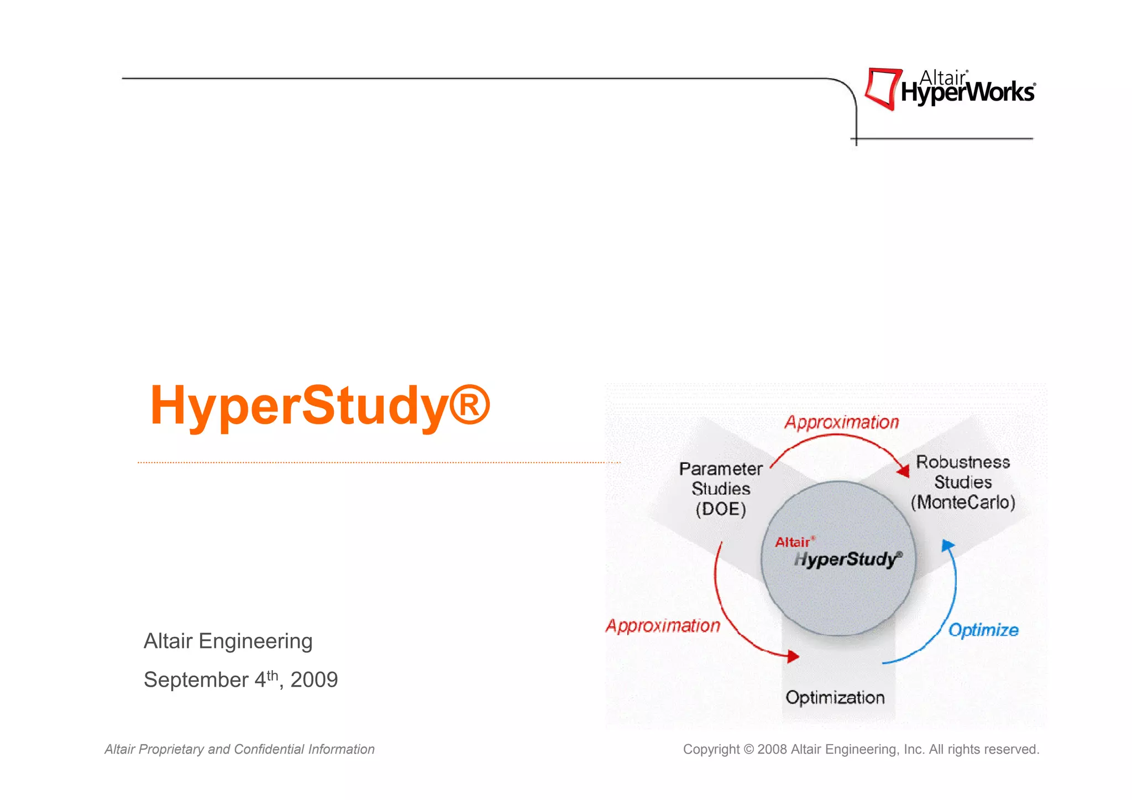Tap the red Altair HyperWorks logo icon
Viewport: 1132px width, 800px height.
coord(883,88)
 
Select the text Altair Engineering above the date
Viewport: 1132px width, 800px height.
coord(228,641)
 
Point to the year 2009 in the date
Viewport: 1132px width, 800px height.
coord(314,680)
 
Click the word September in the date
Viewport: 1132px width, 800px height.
coord(196,680)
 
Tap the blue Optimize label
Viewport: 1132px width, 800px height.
coord(983,630)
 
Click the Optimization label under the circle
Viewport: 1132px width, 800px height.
coord(835,698)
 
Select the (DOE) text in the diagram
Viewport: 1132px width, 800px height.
coord(721,509)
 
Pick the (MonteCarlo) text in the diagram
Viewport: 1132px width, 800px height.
coord(963,503)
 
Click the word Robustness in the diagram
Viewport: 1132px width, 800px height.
coord(963,462)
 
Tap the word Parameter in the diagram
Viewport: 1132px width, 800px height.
coord(721,469)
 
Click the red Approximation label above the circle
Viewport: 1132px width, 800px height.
coord(841,422)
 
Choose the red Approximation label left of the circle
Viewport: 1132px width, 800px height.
coord(663,626)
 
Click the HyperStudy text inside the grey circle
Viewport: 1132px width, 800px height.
coord(847,559)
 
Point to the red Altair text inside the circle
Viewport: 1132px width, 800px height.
coord(793,542)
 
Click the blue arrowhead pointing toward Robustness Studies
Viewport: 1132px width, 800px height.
coord(947,546)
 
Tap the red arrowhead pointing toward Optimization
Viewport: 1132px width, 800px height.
coord(793,656)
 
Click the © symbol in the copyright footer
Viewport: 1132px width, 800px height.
coord(748,750)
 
